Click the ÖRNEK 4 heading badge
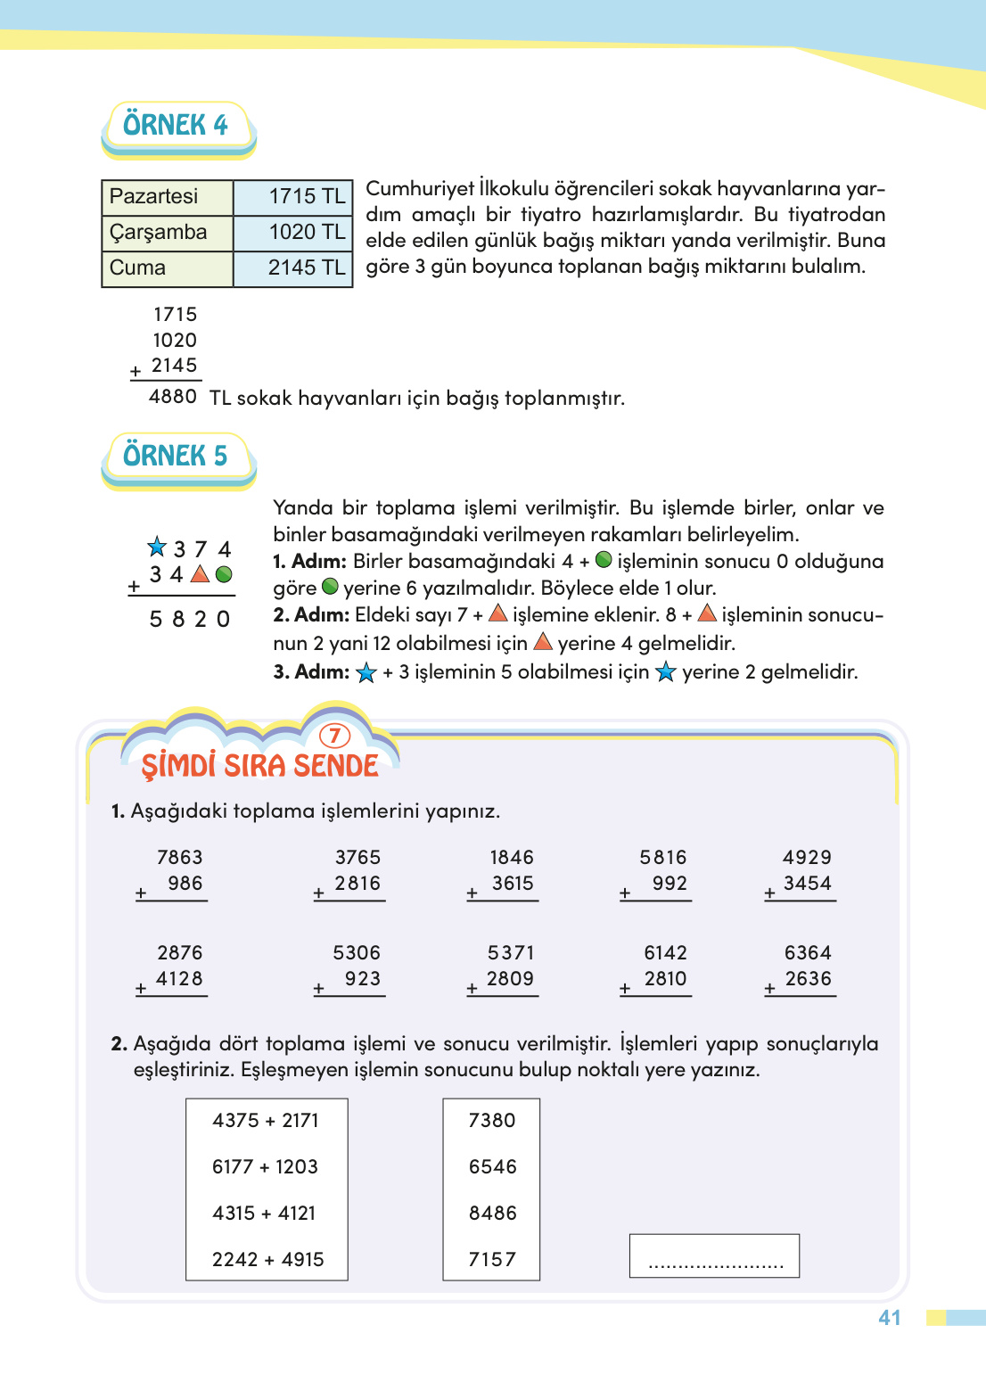176,125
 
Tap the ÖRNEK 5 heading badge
176,456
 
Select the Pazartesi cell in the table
167,197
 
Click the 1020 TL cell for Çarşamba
293,233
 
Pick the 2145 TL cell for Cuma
293,267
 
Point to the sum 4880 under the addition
172,397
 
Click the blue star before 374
157,547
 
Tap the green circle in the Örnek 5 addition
225,574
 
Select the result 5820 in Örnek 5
190,619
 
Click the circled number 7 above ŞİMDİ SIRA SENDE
334,736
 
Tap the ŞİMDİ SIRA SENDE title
259,766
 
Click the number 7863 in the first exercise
179,858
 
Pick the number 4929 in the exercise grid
807,858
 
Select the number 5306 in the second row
357,953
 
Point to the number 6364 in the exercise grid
808,953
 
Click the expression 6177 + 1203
265,1167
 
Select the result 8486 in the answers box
492,1214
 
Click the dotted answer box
714,1256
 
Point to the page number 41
890,1318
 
